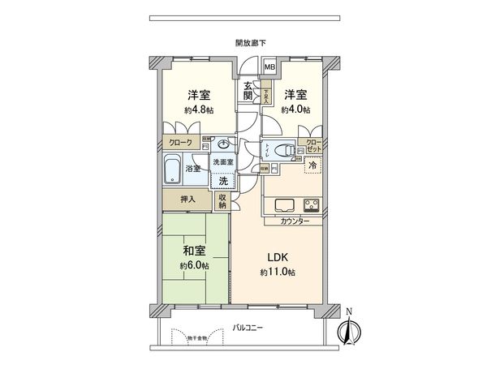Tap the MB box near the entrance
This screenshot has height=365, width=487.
(x=269, y=67)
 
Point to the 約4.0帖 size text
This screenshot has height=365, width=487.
(x=295, y=109)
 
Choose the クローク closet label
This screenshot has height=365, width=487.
(x=179, y=142)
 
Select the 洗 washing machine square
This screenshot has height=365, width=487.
(x=222, y=179)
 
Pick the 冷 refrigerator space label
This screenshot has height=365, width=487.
(x=312, y=165)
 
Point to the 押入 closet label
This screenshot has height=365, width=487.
(x=187, y=197)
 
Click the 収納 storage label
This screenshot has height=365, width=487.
(x=223, y=200)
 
